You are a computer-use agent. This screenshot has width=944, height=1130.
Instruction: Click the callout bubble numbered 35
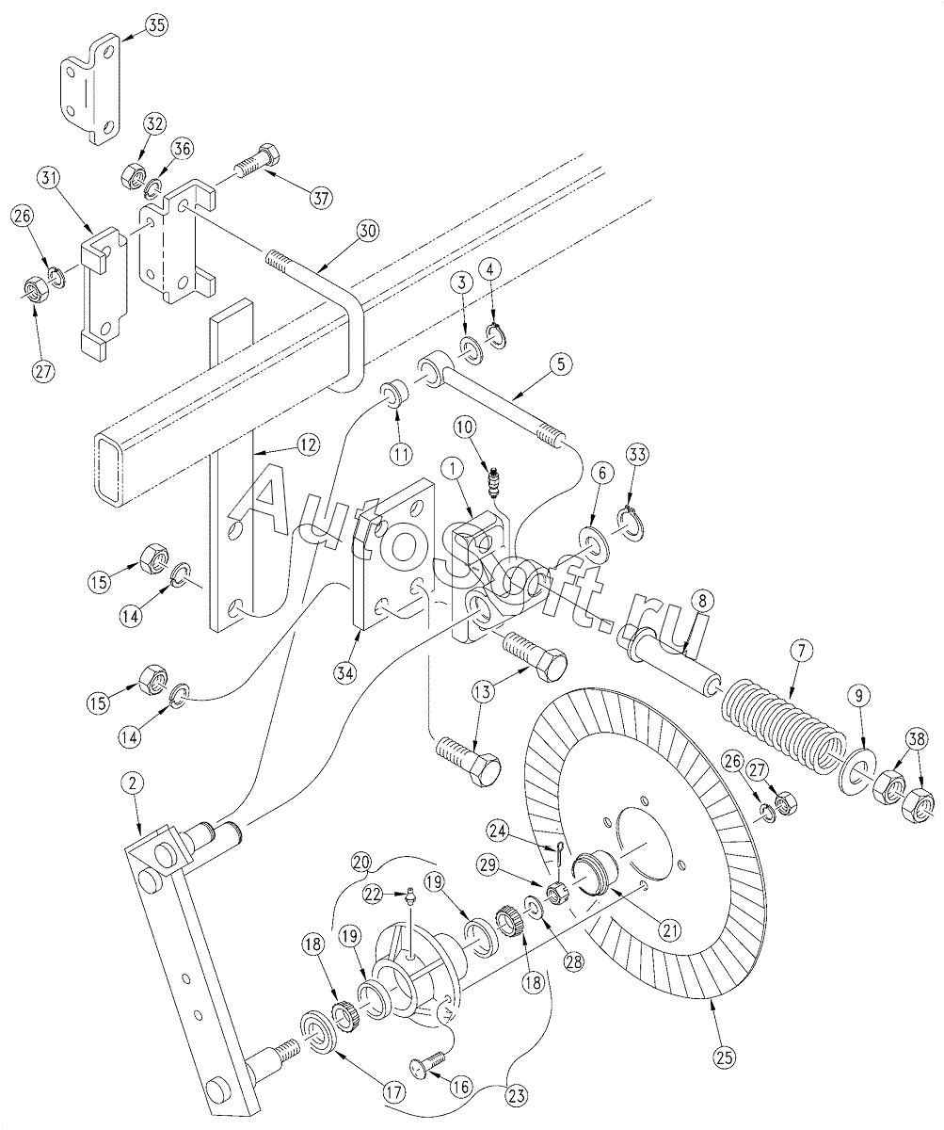coord(155,26)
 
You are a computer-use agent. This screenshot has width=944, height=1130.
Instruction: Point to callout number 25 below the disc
coord(724,1057)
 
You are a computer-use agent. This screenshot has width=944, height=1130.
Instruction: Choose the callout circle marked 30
coord(367,232)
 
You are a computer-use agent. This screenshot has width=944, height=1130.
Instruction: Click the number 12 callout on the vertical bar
coord(308,444)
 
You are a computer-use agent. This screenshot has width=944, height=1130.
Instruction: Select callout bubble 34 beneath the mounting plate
coord(345,673)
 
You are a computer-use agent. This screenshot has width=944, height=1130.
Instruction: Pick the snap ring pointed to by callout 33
coord(631,523)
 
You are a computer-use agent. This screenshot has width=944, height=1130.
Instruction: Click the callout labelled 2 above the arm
coord(133,783)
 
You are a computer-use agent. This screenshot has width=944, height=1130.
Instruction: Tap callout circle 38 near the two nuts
coord(917,739)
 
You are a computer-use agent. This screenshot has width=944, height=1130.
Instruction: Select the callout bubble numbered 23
coord(516,1092)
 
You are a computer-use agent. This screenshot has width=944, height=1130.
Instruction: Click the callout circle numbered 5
coord(561,364)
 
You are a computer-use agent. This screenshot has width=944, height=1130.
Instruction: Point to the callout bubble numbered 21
coord(670,929)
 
